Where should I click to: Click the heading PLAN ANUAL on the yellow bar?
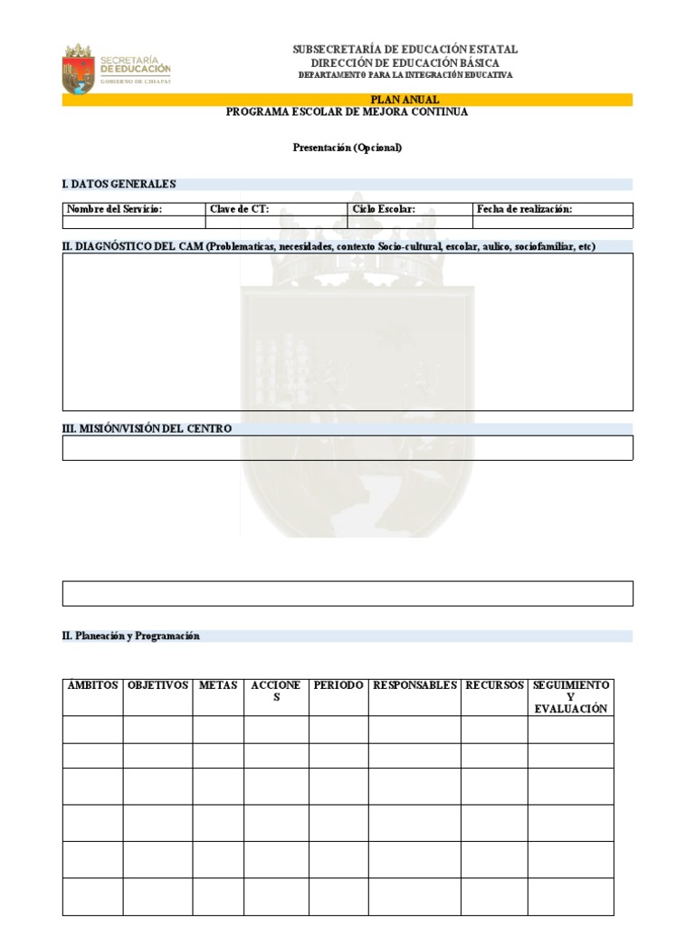[x=405, y=100]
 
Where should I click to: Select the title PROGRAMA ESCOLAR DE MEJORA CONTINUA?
[x=347, y=112]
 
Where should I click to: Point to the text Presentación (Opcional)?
[x=347, y=148]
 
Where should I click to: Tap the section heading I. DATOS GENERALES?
[x=119, y=184]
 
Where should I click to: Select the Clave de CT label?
[x=239, y=209]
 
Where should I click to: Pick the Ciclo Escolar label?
[x=384, y=209]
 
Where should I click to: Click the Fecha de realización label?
[x=524, y=209]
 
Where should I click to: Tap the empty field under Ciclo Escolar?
[x=410, y=222]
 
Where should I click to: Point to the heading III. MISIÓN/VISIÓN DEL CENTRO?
[x=147, y=428]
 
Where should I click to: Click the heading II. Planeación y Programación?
[x=130, y=636]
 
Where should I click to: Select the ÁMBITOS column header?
[x=92, y=685]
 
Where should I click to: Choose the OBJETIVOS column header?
[x=157, y=685]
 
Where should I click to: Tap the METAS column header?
[x=218, y=685]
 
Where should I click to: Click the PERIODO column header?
[x=338, y=685]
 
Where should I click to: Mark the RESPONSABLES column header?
[x=414, y=685]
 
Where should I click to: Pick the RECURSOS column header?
[x=494, y=685]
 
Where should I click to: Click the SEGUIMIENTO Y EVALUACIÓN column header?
[x=570, y=697]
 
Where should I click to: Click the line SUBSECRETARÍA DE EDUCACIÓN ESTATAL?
[x=405, y=50]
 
